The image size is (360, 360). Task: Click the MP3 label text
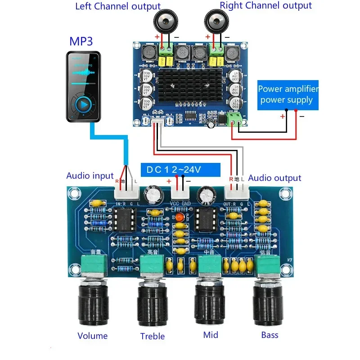(x=81, y=41)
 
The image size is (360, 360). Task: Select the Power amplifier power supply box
(x=288, y=94)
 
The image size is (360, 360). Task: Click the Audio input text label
(x=90, y=175)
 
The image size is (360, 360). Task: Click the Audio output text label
(x=274, y=178)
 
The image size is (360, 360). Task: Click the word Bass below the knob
(x=270, y=335)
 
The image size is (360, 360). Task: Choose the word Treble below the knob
(x=152, y=336)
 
